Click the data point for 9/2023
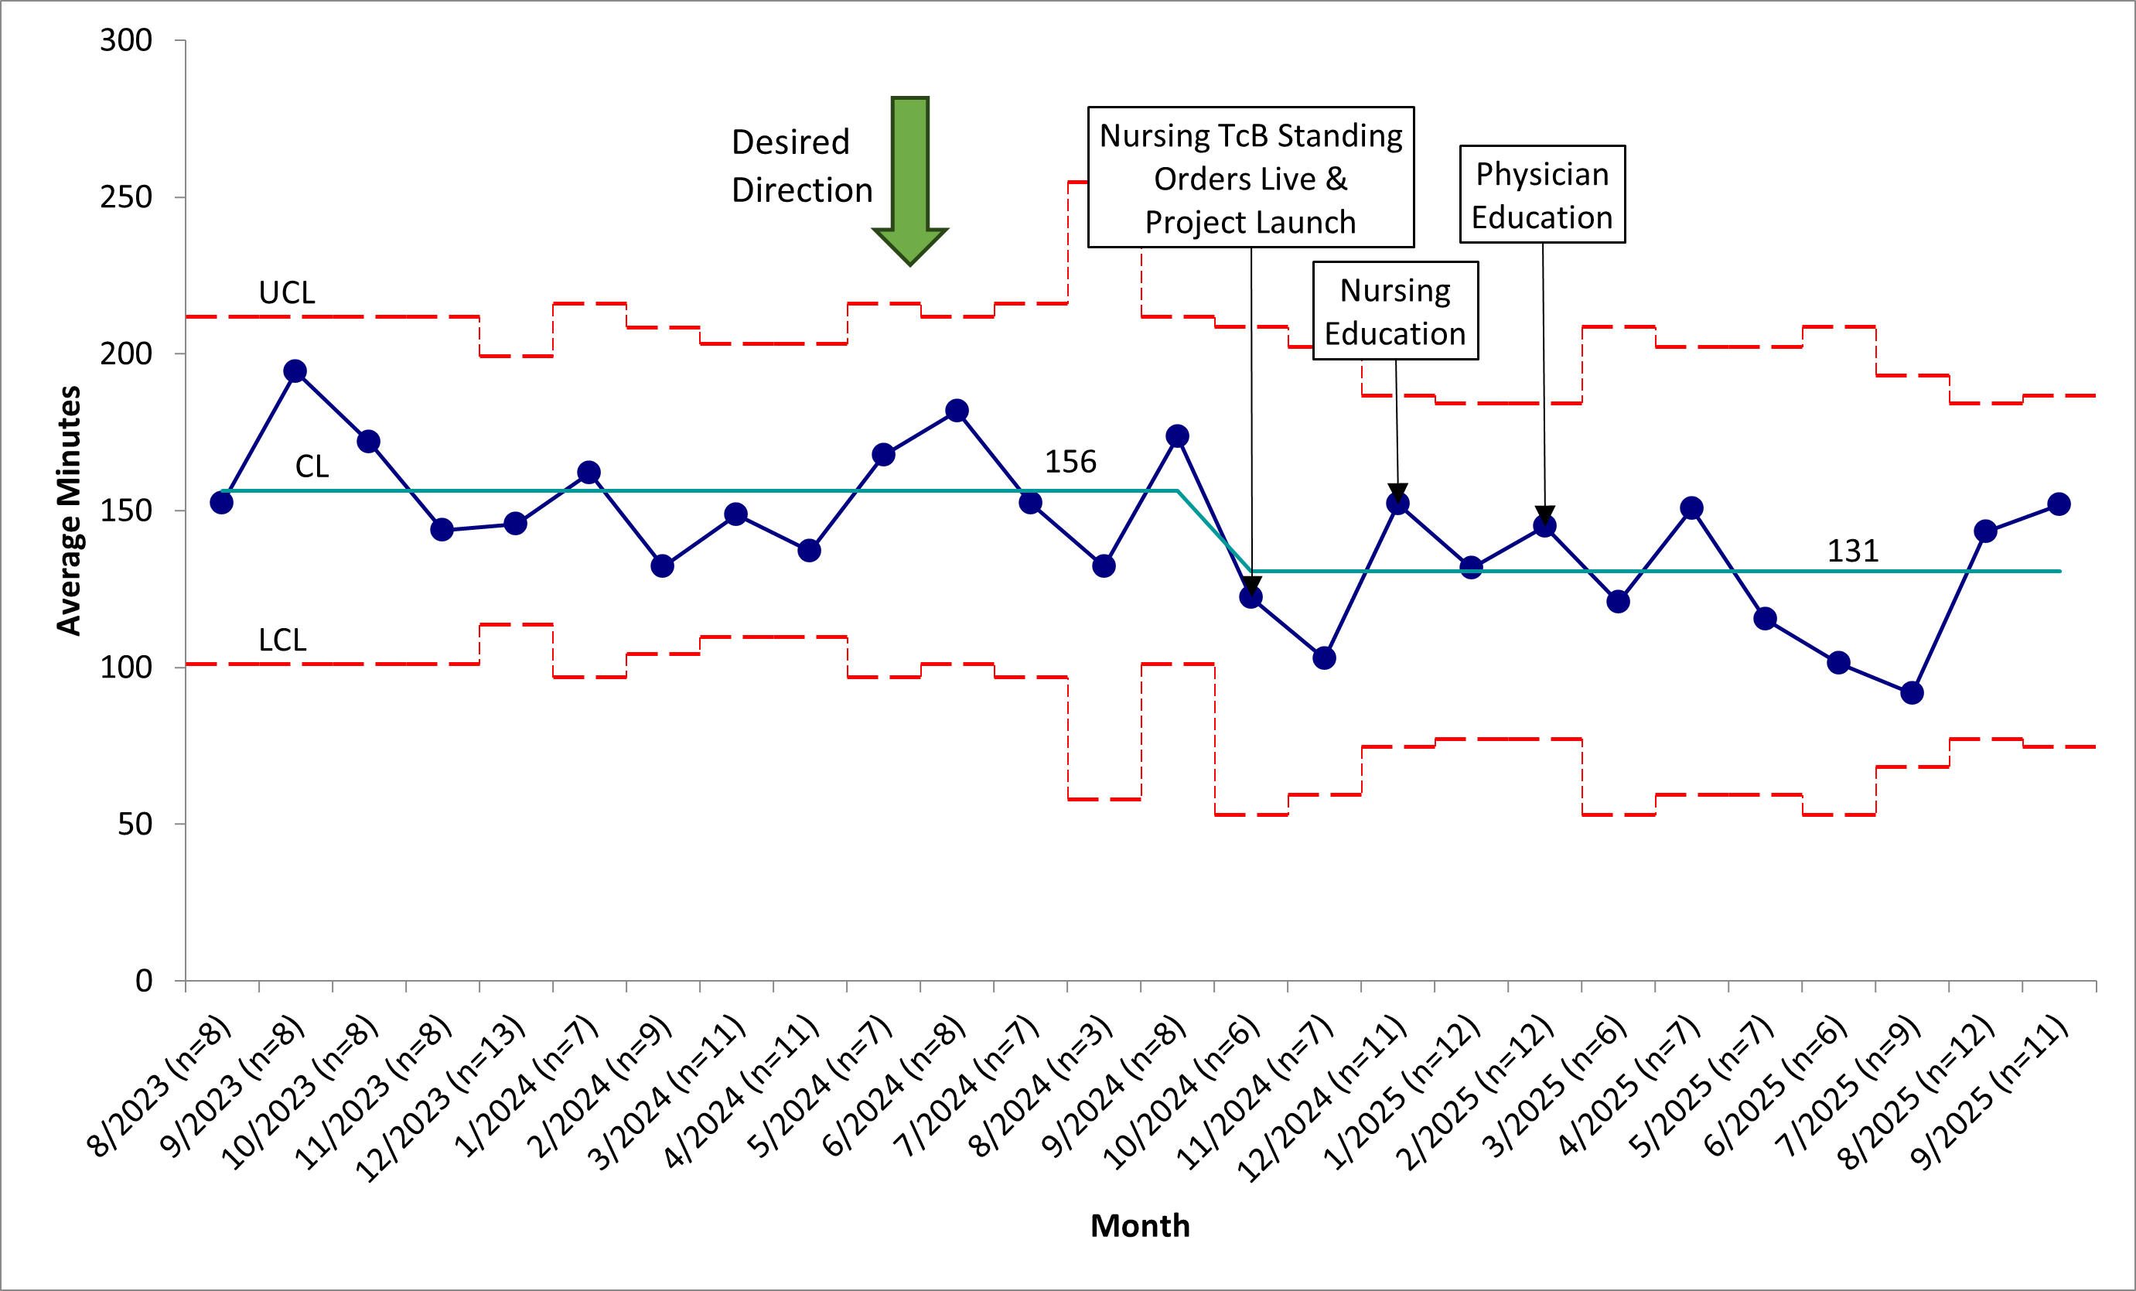coord(295,371)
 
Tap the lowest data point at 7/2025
coord(1913,693)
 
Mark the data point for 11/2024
coord(1324,658)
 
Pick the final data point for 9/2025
coord(2059,504)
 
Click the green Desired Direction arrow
coord(910,180)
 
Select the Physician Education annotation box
coord(1542,194)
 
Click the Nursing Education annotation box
coord(1396,310)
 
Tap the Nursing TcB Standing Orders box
coord(1251,178)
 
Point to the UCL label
coord(287,293)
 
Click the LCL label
coord(282,640)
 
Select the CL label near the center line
coord(312,466)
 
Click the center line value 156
coord(1070,461)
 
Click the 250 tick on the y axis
coord(126,196)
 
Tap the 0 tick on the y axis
coord(144,981)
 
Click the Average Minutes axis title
coord(69,511)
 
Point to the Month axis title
coord(1140,1226)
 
